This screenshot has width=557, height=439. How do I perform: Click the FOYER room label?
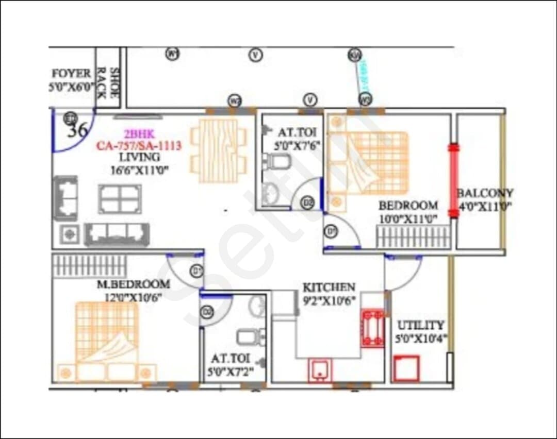tap(71, 74)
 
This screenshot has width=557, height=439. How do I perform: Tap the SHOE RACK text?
tap(108, 82)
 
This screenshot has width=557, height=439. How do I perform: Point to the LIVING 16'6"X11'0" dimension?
tap(139, 168)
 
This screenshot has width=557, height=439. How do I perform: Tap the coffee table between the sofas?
tap(120, 199)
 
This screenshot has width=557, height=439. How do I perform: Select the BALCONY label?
tap(485, 194)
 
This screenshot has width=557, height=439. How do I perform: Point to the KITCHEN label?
tap(329, 288)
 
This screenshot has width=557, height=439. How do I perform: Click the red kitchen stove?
tap(372, 328)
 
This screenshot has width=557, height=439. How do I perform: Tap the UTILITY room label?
tap(420, 326)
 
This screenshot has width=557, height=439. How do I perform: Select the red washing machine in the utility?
tap(406, 368)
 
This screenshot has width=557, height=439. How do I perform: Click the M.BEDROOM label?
tap(134, 284)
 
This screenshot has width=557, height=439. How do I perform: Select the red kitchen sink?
tap(320, 370)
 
